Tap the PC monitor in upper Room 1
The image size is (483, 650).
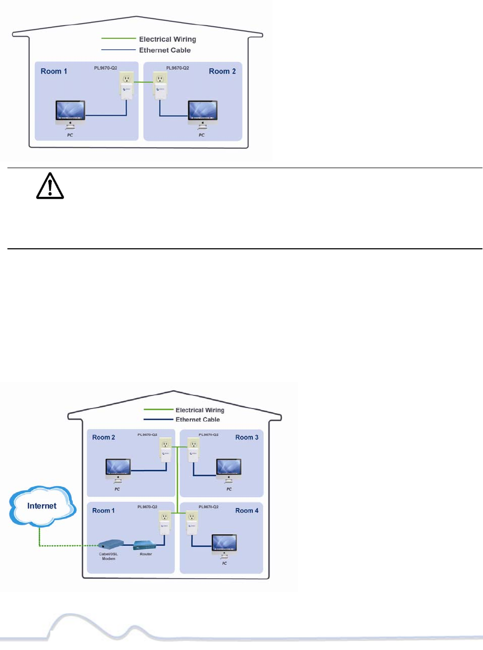pyautogui.click(x=70, y=115)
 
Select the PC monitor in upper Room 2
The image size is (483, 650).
pyautogui.click(x=202, y=115)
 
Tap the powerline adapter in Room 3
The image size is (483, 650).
pyautogui.click(x=193, y=452)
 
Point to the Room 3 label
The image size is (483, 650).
pyautogui.click(x=246, y=437)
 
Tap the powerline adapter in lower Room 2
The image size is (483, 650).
pyautogui.click(x=165, y=452)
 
